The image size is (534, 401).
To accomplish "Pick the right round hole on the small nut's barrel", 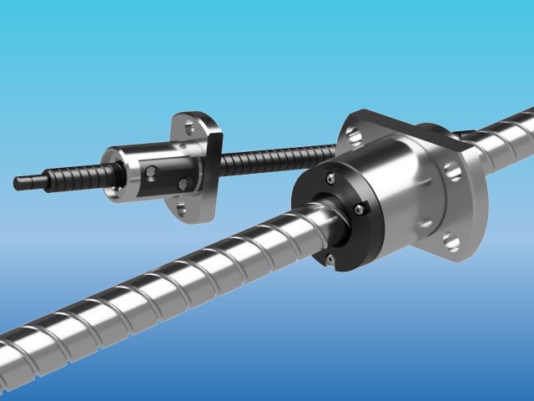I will (183, 181).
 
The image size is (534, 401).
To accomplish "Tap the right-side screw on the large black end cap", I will (362, 209).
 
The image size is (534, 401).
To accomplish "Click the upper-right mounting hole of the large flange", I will (451, 171).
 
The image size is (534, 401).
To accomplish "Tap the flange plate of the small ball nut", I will (200, 167).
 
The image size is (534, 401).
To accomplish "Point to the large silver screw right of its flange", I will (505, 134).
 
